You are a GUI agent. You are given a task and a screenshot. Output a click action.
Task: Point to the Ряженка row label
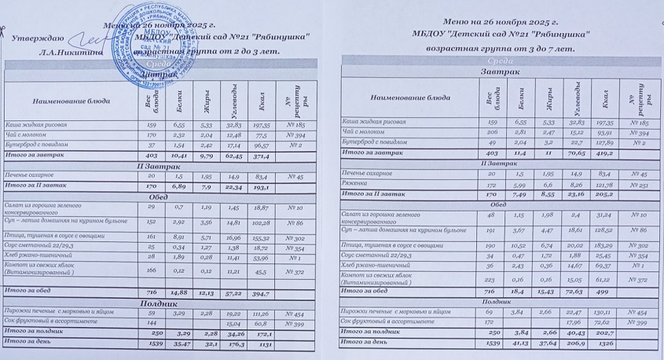click(x=358, y=184)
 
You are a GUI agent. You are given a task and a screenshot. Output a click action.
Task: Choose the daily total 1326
click(x=604, y=343)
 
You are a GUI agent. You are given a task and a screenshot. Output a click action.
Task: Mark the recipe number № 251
click(x=638, y=184)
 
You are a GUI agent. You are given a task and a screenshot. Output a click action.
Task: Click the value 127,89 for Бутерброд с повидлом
click(x=604, y=143)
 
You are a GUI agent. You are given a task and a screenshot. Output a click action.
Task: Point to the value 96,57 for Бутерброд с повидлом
click(x=260, y=145)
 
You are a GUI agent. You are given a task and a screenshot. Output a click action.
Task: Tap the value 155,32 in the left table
click(x=260, y=237)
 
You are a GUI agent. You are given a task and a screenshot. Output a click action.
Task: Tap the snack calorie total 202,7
click(x=604, y=332)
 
